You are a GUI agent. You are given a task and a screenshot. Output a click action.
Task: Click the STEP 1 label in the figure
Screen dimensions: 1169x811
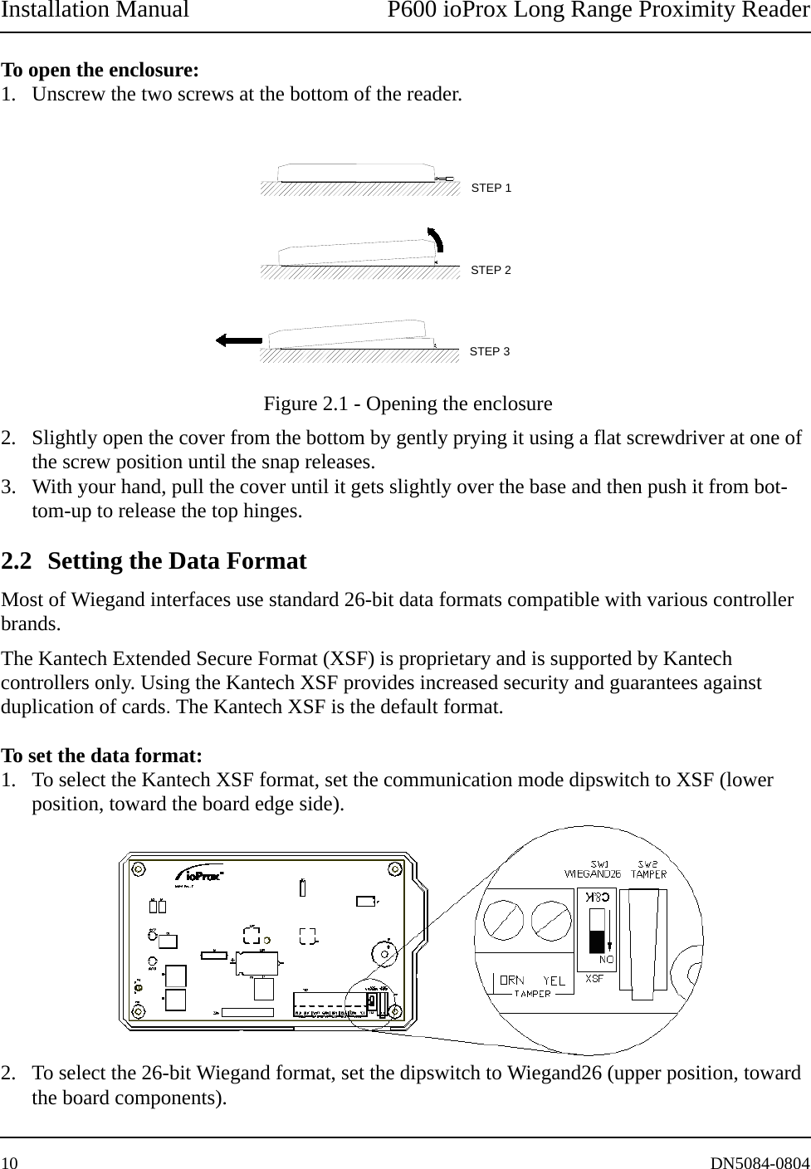491,188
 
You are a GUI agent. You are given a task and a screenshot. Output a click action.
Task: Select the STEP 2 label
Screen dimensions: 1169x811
491,271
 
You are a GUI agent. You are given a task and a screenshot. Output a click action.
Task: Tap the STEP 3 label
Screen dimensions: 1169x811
490,352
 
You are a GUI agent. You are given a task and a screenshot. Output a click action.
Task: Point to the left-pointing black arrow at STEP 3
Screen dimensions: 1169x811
238,340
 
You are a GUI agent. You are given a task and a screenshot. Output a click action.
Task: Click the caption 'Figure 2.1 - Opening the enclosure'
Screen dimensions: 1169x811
408,404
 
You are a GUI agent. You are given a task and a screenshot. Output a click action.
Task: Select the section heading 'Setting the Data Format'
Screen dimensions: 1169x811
177,561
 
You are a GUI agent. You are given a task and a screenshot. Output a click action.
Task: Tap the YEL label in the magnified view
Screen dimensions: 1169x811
555,981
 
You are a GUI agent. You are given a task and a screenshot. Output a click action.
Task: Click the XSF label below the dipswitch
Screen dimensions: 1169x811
594,979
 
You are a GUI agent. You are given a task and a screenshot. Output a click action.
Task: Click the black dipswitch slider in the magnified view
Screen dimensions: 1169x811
596,941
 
